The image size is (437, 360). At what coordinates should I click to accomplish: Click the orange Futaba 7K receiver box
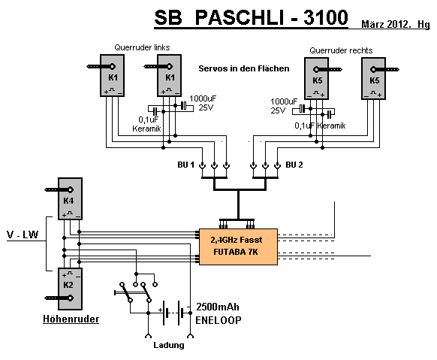[x=238, y=247]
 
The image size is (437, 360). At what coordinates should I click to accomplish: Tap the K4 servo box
[x=70, y=198]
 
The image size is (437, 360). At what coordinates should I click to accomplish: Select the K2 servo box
[x=70, y=289]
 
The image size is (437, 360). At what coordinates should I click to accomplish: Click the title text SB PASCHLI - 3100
[x=251, y=17]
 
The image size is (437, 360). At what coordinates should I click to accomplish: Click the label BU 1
[x=185, y=165]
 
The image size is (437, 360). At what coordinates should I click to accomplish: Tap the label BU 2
[x=294, y=165]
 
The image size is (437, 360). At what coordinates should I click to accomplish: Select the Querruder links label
[x=142, y=47]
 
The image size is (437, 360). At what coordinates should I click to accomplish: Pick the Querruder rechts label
[x=341, y=50]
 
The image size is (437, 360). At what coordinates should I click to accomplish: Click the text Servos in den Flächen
[x=244, y=68]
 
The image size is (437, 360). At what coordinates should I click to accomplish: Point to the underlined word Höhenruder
[x=71, y=319]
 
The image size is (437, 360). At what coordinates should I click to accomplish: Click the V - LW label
[x=23, y=234]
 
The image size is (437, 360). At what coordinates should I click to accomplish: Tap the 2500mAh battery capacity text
[x=218, y=307]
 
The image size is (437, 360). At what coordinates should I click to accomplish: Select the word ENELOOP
[x=218, y=320]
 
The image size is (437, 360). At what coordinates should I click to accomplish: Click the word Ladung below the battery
[x=169, y=345]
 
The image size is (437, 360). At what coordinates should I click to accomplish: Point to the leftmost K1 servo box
[x=113, y=76]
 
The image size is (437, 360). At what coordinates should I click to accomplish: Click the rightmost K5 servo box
[x=374, y=79]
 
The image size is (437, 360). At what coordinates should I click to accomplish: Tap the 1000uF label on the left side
[x=203, y=98]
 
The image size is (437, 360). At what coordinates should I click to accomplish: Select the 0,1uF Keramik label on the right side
[x=320, y=126]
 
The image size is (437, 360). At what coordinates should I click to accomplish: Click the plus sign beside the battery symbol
[x=160, y=310]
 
